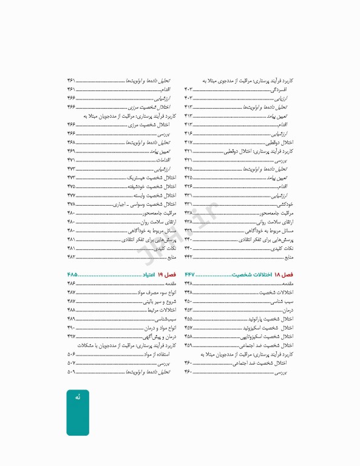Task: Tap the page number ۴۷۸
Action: pyautogui.click(x=71, y=204)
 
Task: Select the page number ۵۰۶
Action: pyautogui.click(x=71, y=354)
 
